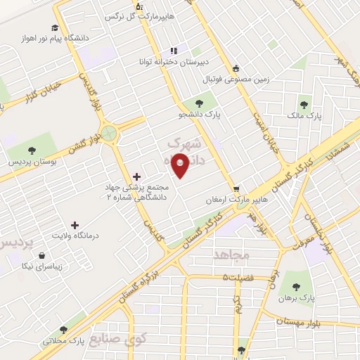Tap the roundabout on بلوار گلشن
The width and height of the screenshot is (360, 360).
[x=110, y=131]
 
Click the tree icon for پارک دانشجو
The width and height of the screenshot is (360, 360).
[x=191, y=103]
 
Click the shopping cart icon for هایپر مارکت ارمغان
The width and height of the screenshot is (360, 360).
[x=237, y=189]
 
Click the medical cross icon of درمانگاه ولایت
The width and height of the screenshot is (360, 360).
[x=75, y=224]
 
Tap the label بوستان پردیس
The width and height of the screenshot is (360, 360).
[x=32, y=162]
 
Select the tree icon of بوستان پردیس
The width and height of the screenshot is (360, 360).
[x=32, y=149]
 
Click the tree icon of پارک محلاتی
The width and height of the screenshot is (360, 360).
[x=64, y=329]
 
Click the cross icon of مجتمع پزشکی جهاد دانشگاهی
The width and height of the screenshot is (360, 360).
[x=136, y=176]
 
